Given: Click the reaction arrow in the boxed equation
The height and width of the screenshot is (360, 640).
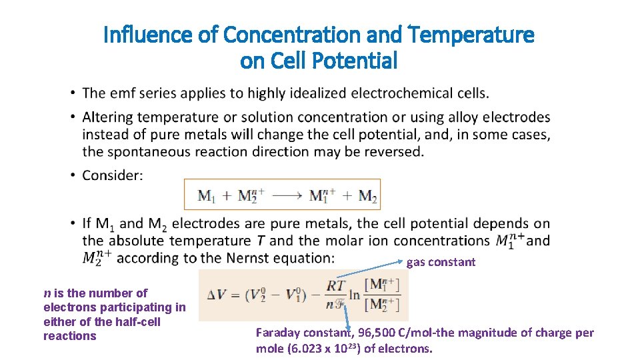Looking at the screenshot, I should (287, 196).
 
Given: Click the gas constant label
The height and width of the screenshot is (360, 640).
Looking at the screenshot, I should (441, 262).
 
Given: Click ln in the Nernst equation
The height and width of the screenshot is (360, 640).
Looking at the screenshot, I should (355, 295).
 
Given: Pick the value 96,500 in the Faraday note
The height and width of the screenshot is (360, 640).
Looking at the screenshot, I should (375, 333).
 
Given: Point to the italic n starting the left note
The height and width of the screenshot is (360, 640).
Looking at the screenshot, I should (47, 293).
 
